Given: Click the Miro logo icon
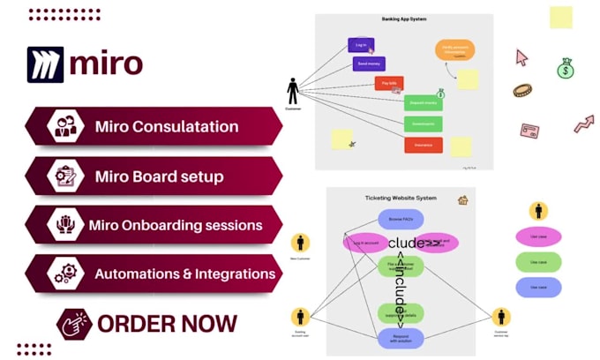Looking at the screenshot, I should tap(46, 64).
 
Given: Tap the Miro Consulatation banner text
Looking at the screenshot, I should tap(167, 126).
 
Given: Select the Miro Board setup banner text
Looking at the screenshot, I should tap(159, 176).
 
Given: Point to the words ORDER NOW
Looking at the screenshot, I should tap(167, 323).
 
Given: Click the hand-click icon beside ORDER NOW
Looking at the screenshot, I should tap(74, 324).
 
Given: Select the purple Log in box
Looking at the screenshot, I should tap(361, 45).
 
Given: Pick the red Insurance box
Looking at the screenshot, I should tap(423, 145).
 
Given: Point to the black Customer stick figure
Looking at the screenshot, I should tap(293, 91).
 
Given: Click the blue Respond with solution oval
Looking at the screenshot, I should tap(401, 336).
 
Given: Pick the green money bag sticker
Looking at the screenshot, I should tap(565, 68).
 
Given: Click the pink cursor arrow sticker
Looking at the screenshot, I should tap(521, 57).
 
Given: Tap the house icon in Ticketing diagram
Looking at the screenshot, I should tap(462, 200).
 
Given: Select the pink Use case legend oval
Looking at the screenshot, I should tap(537, 236).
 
